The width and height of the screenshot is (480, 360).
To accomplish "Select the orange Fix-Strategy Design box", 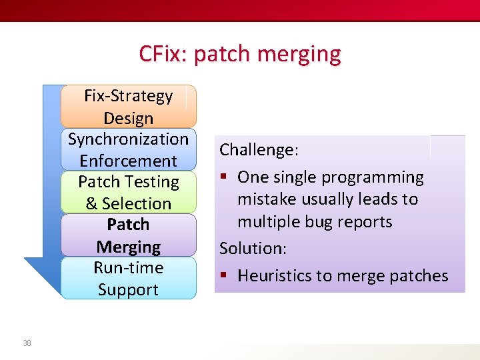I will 128,107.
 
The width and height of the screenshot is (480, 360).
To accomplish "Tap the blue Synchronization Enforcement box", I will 128,149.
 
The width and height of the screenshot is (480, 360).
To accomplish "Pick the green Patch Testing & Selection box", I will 128,192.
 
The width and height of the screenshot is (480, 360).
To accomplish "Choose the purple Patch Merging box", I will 128,235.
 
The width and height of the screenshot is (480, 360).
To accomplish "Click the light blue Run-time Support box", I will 128,278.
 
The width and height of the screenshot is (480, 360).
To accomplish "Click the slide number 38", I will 27,343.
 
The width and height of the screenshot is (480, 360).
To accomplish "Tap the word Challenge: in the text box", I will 259,150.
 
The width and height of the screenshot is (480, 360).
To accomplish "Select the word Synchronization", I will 128,139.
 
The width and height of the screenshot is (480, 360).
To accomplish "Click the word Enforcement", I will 128,161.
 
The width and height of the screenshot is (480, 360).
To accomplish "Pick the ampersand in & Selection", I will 91,204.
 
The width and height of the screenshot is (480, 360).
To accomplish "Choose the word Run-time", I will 128,268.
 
